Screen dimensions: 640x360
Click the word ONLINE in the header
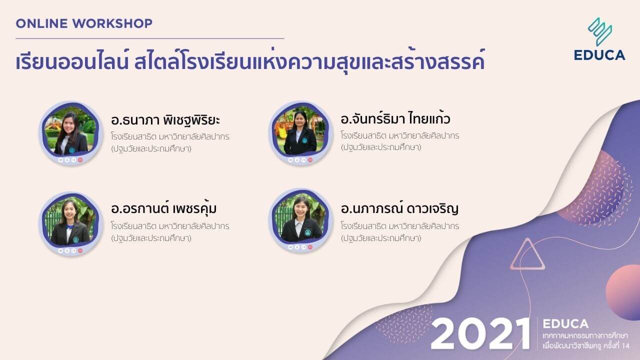(x=41, y=23)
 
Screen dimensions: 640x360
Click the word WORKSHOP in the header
(x=112, y=23)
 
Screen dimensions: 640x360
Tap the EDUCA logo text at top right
(x=599, y=55)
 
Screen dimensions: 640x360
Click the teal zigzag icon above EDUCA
(x=600, y=31)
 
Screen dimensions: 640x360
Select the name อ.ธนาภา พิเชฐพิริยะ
(x=165, y=120)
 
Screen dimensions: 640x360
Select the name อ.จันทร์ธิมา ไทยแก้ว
(x=395, y=118)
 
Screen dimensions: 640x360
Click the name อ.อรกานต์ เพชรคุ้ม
(x=163, y=208)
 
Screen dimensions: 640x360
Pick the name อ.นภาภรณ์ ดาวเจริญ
(x=399, y=208)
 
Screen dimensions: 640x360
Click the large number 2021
(x=480, y=333)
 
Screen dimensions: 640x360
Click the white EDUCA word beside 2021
(x=565, y=323)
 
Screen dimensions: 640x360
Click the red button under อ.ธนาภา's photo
(x=80, y=160)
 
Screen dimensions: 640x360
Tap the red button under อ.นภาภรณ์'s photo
(x=310, y=247)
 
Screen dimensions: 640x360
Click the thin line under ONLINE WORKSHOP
(x=150, y=38)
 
